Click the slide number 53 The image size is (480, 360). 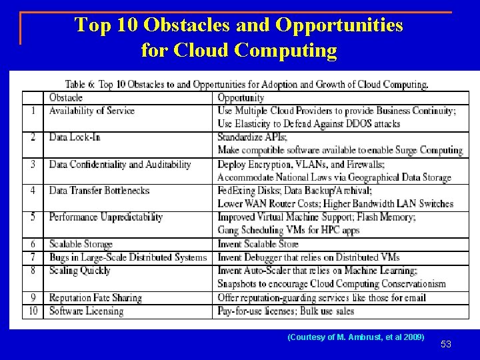[x=446, y=344]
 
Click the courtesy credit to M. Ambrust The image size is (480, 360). [x=355, y=337]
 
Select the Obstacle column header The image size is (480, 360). [x=66, y=98]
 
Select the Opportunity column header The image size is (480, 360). [x=241, y=98]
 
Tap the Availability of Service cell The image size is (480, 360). [x=92, y=111]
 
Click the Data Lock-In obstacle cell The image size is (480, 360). [x=75, y=137]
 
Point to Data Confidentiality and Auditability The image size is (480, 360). [x=120, y=164]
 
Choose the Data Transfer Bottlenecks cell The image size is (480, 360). [x=99, y=191]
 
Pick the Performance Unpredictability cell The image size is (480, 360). [x=106, y=217]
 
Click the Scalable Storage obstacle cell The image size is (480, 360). [x=81, y=244]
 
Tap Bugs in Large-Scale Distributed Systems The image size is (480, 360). [x=128, y=257]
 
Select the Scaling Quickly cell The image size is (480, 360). [x=80, y=271]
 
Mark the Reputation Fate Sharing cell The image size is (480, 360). [x=95, y=298]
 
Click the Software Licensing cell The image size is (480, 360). [x=87, y=311]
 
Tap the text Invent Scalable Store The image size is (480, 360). [x=258, y=244]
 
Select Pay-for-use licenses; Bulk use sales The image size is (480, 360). [x=285, y=311]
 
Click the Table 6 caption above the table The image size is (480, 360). [x=247, y=85]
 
